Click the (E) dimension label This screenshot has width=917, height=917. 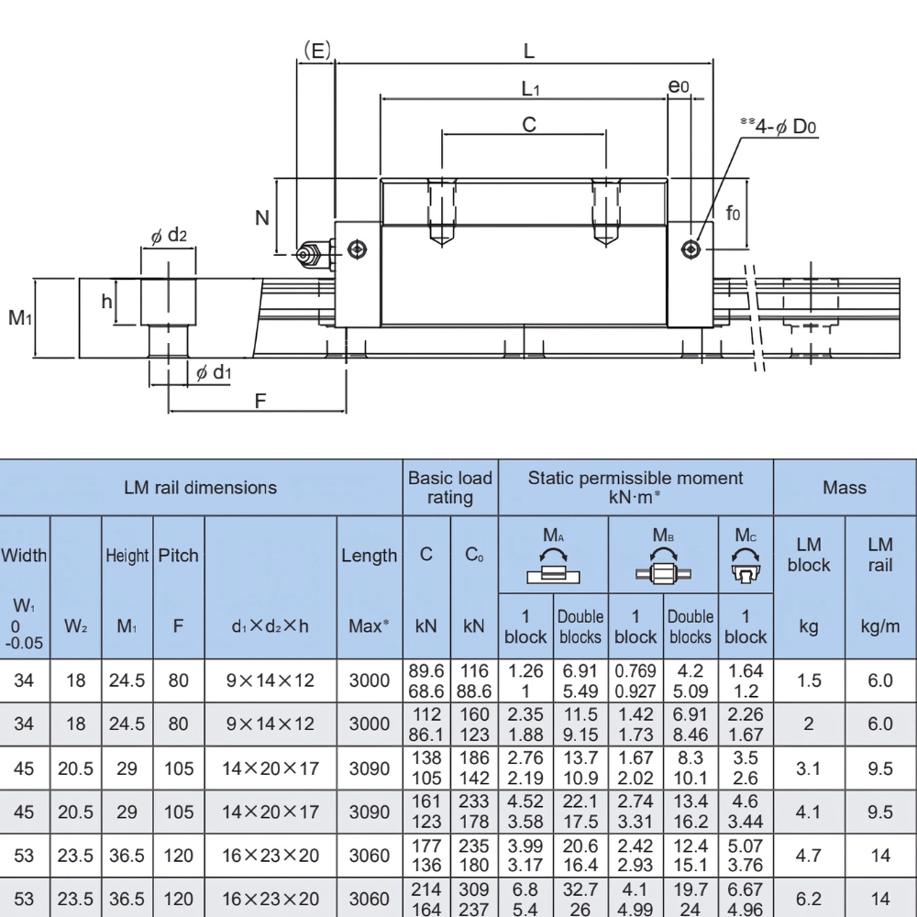click(316, 50)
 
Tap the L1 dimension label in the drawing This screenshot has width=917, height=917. click(530, 88)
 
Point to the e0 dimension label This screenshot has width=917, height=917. click(679, 87)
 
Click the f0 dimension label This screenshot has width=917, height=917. click(733, 214)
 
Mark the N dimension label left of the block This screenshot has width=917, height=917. click(262, 217)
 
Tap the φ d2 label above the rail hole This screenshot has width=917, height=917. click(169, 237)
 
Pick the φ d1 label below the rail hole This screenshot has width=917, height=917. click(214, 371)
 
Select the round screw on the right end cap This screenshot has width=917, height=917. click(691, 249)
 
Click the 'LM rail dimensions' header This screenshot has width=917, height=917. click(200, 487)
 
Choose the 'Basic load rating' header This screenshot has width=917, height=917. click(450, 488)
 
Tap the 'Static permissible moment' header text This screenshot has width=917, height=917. click(635, 487)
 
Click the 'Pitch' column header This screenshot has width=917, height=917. click(179, 556)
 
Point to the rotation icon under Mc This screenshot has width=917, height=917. click(746, 569)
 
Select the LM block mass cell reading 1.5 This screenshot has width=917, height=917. click(808, 680)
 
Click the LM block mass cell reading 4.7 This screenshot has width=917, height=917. click(808, 856)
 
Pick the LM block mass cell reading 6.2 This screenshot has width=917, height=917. click(808, 899)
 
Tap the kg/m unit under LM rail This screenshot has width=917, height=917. click(879, 626)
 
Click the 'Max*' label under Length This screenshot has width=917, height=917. click(370, 626)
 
